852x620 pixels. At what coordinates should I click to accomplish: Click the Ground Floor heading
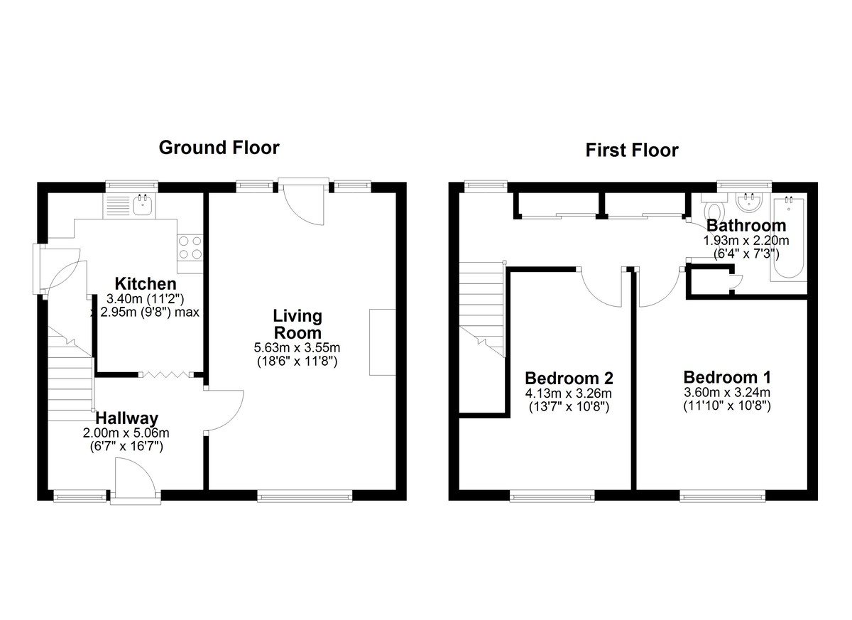coord(219,148)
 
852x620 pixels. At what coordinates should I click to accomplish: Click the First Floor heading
coord(632,151)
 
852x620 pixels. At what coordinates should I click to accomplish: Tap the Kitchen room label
coord(146,284)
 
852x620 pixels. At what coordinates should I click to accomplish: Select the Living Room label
coord(297,325)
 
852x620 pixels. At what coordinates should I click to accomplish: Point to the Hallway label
coord(126,418)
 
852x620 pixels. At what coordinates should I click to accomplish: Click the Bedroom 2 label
coord(569,379)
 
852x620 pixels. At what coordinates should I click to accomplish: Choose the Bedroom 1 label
coord(727,377)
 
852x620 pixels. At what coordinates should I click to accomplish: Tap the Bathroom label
coord(746,226)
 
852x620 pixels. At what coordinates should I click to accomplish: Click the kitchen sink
coord(143,206)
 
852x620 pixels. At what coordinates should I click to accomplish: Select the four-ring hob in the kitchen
coord(190,248)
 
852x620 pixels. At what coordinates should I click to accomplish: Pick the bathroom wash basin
coord(748,202)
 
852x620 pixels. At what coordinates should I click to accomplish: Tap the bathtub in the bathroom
coord(788,239)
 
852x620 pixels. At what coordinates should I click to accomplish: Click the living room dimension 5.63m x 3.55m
coord(297,348)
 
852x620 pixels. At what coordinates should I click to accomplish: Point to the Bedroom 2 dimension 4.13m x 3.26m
coord(569,393)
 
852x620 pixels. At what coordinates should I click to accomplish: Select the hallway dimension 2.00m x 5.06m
coord(126,433)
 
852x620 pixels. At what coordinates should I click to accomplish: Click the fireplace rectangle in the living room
coord(383,342)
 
